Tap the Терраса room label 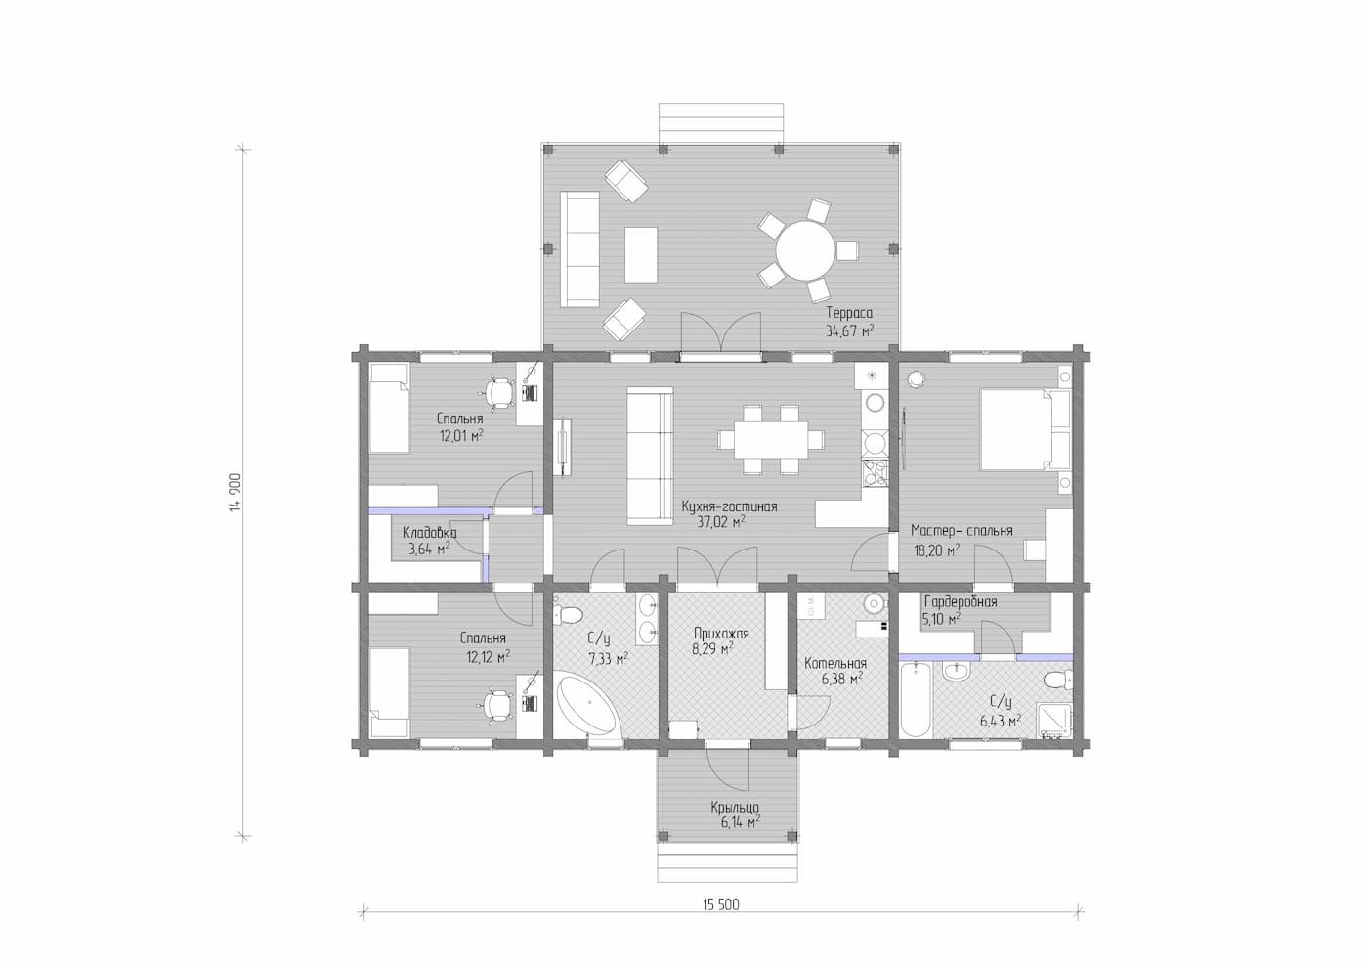point(849,313)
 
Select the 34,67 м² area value point(849,331)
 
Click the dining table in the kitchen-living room point(771,439)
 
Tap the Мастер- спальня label point(962,530)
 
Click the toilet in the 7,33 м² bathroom point(568,614)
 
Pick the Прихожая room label point(721,634)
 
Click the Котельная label point(835,664)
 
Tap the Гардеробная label point(960,602)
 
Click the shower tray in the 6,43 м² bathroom point(1056,721)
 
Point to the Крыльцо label point(735,808)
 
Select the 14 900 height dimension point(235,493)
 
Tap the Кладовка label point(429,532)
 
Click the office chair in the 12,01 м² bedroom point(499,393)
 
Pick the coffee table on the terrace point(641,254)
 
